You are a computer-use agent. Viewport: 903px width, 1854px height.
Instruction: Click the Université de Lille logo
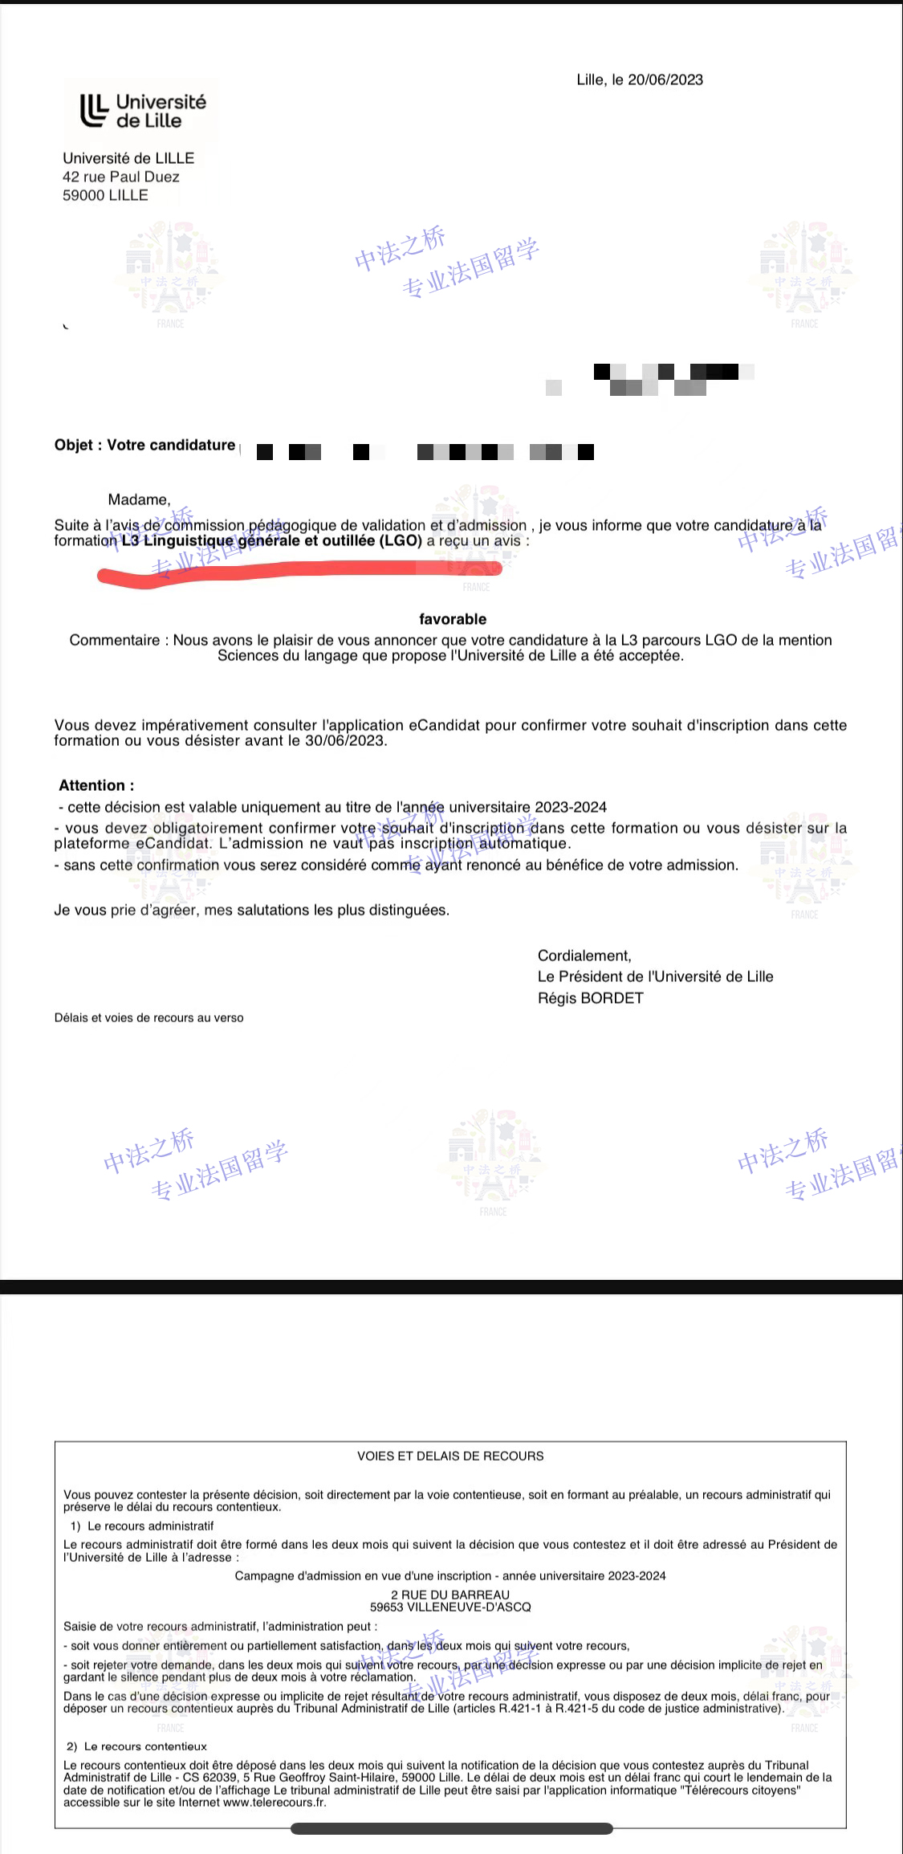tap(142, 111)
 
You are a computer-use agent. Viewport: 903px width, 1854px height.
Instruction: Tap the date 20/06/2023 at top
tap(665, 79)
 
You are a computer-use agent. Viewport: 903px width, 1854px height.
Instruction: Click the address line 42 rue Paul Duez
tap(121, 177)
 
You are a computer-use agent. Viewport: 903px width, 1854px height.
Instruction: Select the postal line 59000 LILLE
tap(105, 195)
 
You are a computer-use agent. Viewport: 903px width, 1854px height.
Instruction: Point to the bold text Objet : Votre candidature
tap(144, 445)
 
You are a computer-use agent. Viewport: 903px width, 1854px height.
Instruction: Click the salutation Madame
tap(139, 499)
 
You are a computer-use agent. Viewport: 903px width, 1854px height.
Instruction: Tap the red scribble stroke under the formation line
tap(297, 571)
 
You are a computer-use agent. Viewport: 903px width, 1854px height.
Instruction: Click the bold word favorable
tap(453, 619)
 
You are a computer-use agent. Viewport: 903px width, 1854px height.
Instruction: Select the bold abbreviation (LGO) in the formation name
tap(401, 540)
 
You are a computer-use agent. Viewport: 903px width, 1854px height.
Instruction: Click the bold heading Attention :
tap(96, 785)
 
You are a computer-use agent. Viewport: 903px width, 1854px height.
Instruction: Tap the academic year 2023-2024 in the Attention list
tap(571, 807)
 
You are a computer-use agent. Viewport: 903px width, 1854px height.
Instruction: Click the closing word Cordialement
tap(584, 956)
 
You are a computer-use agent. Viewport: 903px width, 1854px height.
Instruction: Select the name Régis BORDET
tap(591, 998)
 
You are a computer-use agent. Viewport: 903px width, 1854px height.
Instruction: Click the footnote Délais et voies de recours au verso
tap(148, 1017)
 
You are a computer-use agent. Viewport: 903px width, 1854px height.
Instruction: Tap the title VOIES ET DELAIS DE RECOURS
tap(450, 1456)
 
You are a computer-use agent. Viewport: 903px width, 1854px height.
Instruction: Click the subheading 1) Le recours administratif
tap(142, 1526)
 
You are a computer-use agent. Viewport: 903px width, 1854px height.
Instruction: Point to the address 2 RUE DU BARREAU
tap(450, 1595)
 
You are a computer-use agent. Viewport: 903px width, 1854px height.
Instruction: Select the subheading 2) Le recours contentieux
tap(136, 1746)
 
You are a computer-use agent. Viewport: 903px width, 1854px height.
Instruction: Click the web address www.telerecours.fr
tap(275, 1803)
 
